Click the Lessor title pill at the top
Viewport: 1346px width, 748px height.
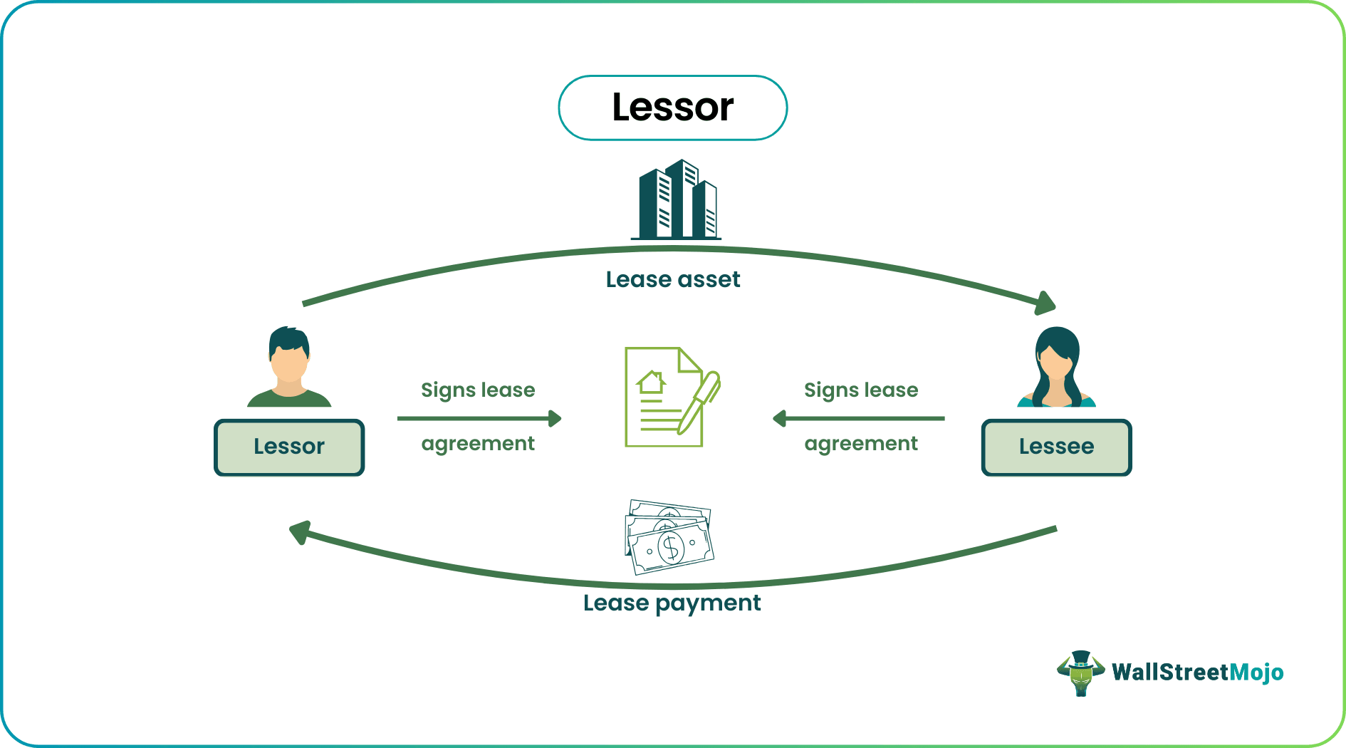coord(672,108)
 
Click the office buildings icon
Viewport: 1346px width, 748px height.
coord(677,200)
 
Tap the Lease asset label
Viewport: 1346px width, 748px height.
coord(672,279)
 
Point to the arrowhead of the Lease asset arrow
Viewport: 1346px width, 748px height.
coord(1045,303)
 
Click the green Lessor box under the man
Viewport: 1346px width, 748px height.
coord(289,447)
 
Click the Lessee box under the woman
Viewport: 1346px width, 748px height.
coord(1056,447)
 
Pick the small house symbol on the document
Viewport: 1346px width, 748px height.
coord(652,383)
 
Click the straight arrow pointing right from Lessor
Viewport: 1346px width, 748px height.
coord(479,418)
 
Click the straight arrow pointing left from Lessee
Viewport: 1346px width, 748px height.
coord(859,418)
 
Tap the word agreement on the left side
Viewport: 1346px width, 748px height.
coord(478,444)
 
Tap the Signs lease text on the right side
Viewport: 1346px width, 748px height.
coord(860,390)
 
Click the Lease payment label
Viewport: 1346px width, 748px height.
coord(672,603)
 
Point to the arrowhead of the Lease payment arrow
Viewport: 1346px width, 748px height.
coord(300,532)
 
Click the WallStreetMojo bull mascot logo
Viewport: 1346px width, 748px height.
coord(1080,672)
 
